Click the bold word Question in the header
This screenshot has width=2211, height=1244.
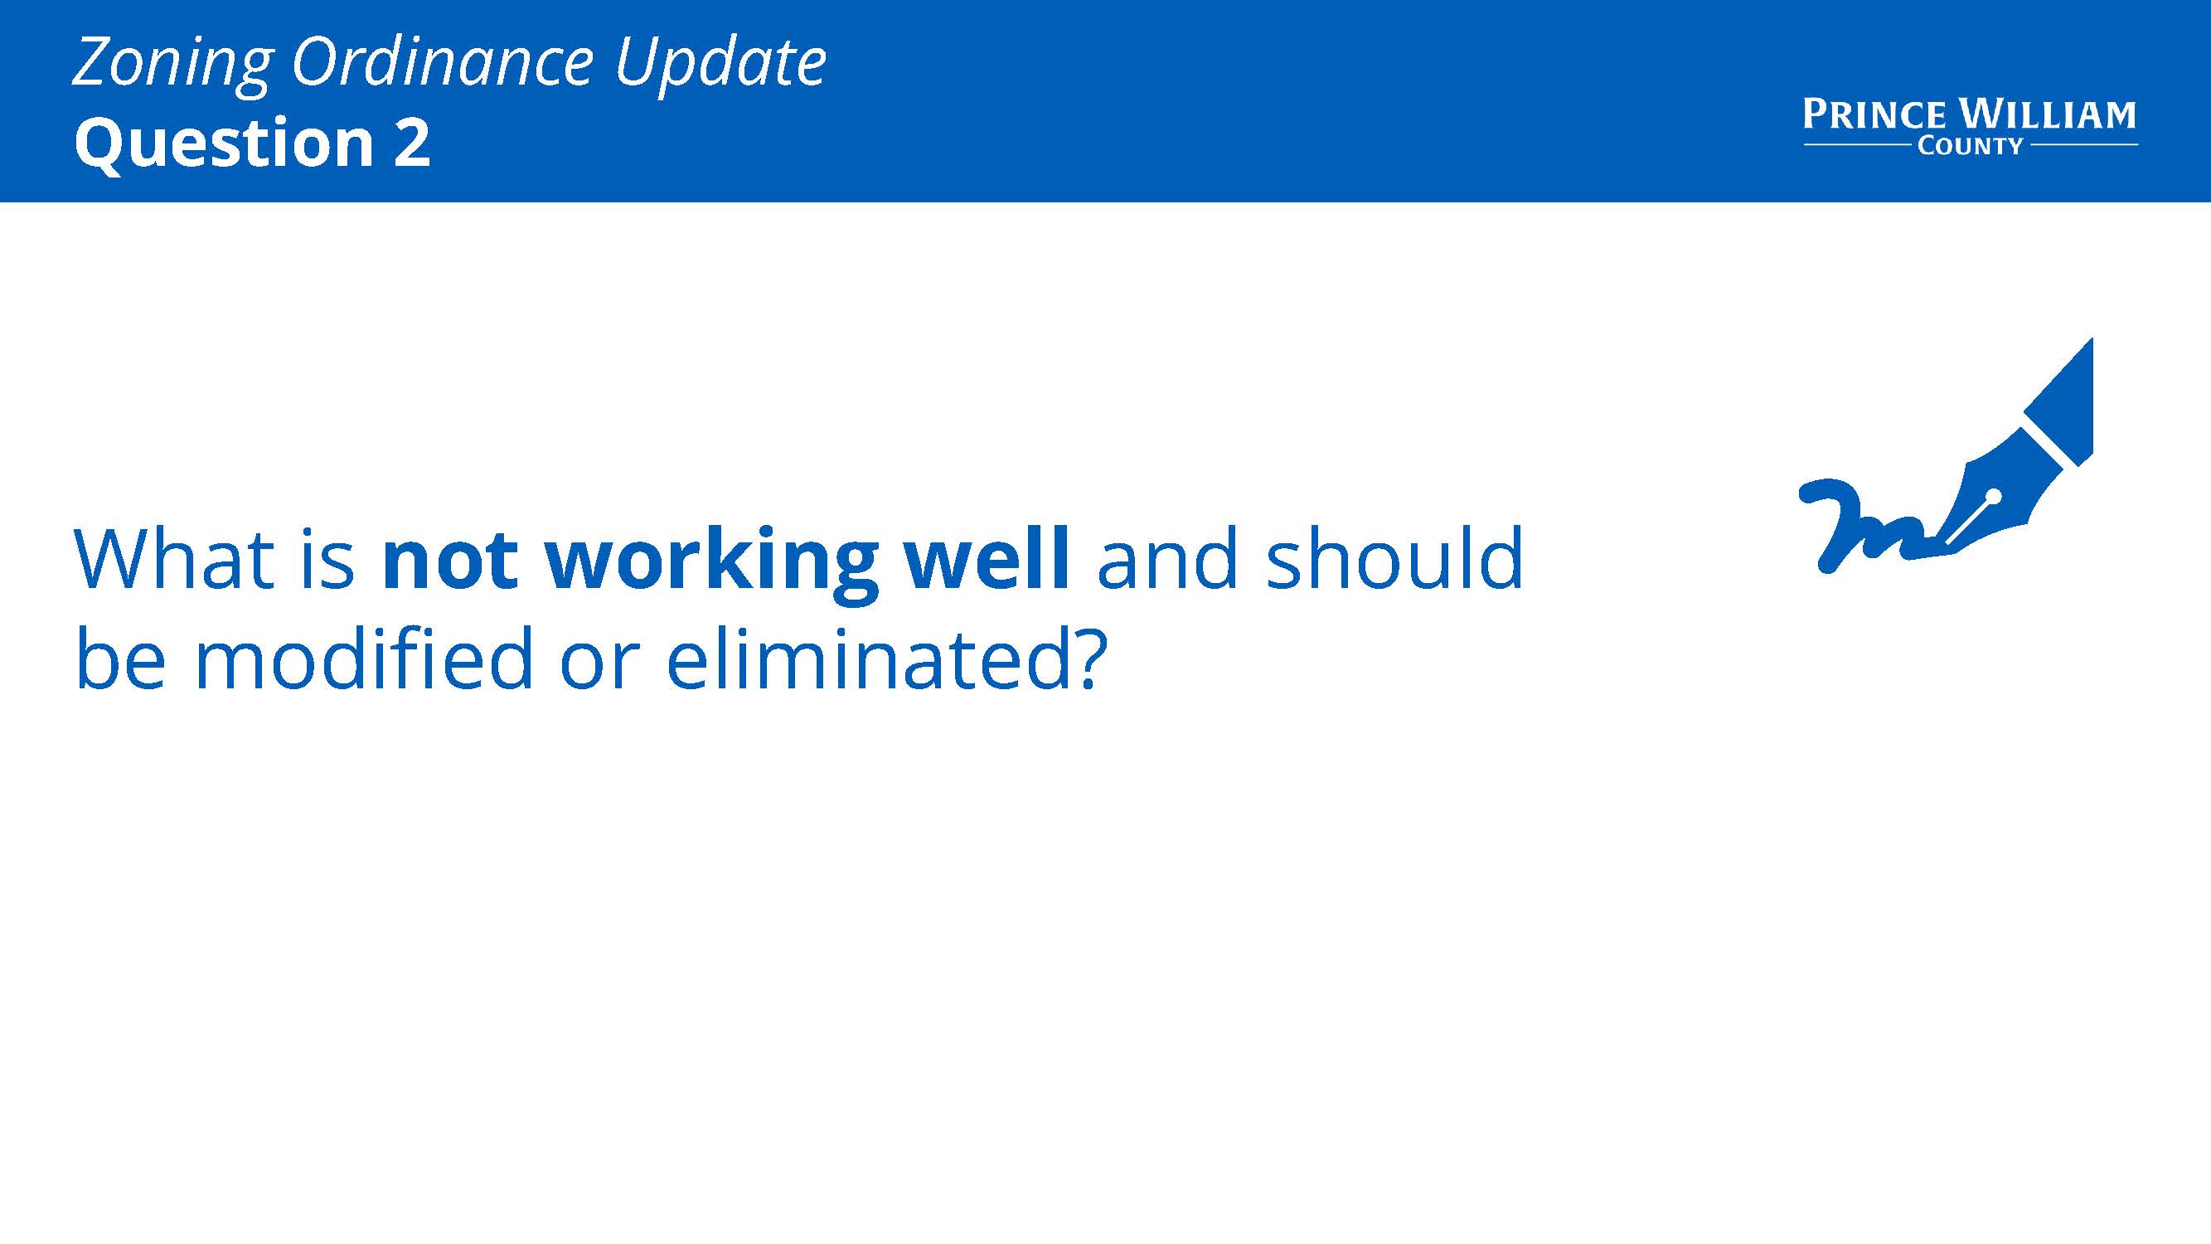coord(224,143)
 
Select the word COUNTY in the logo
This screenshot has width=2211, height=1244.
coord(1970,146)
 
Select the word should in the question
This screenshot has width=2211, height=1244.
coord(1395,557)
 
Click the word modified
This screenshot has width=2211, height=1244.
coord(364,658)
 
